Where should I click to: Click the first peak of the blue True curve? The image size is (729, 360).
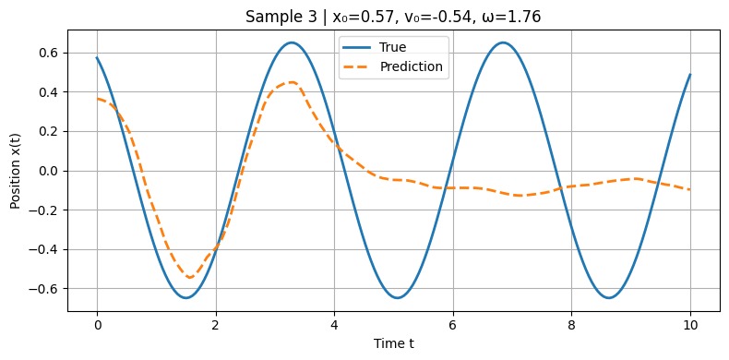point(292,42)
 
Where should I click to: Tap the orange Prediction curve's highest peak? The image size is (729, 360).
point(292,82)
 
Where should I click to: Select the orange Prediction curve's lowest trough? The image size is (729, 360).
point(189,277)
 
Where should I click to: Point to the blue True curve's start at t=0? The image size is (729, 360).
point(97,58)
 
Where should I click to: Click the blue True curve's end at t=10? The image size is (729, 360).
point(690,75)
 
